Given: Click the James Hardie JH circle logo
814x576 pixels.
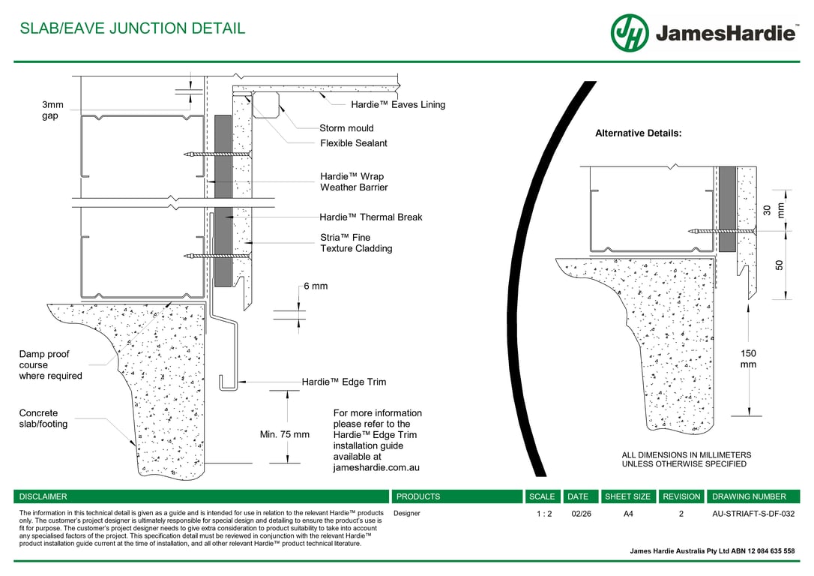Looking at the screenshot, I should (x=630, y=33).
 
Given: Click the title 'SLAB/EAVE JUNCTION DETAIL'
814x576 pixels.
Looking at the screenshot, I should (x=132, y=29).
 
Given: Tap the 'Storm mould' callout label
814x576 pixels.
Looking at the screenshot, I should (x=346, y=128).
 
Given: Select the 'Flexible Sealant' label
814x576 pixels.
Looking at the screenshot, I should (x=354, y=143).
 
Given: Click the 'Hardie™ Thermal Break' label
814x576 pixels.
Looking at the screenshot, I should (x=370, y=217).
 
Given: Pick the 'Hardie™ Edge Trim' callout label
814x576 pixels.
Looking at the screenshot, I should (x=344, y=382).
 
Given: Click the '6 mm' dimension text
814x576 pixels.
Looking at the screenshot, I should (x=316, y=286).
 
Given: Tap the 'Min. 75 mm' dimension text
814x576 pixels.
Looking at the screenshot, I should (x=284, y=434).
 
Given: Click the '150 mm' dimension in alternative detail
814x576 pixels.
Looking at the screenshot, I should (x=748, y=358).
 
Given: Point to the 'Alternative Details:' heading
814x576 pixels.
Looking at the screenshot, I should (x=638, y=133).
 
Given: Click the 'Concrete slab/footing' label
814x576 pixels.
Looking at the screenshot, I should (x=43, y=418).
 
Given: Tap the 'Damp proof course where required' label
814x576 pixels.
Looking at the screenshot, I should (x=50, y=365).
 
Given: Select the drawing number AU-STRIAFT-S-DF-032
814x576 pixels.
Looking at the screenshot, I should (x=753, y=514).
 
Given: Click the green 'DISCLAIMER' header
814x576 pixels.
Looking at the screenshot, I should (x=43, y=496).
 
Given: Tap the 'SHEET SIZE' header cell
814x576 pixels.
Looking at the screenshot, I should (x=627, y=496).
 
